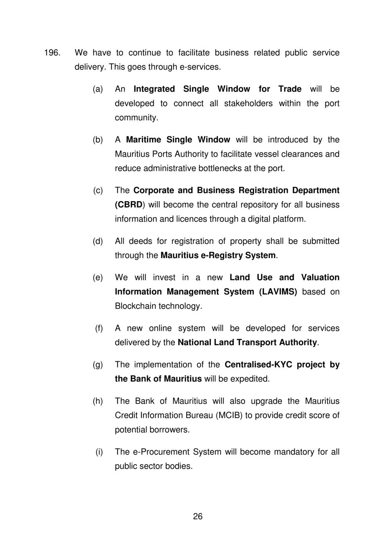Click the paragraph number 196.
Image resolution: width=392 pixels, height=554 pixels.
(x=51, y=53)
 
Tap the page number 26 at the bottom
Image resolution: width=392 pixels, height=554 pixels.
(x=198, y=516)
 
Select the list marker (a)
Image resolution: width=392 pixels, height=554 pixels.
(x=98, y=89)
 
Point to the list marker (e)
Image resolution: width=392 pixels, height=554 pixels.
(x=98, y=278)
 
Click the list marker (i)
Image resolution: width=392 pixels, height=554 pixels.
(x=99, y=452)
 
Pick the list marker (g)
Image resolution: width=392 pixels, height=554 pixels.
(x=98, y=365)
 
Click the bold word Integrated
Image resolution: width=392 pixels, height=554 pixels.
(x=154, y=89)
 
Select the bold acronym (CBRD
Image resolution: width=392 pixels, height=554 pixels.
(x=129, y=205)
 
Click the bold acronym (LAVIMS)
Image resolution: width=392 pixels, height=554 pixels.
(x=278, y=292)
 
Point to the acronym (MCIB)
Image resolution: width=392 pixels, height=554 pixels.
(x=229, y=415)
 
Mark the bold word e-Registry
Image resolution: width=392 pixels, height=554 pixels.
(x=221, y=255)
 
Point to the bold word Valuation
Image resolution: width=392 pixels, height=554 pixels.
(x=320, y=278)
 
